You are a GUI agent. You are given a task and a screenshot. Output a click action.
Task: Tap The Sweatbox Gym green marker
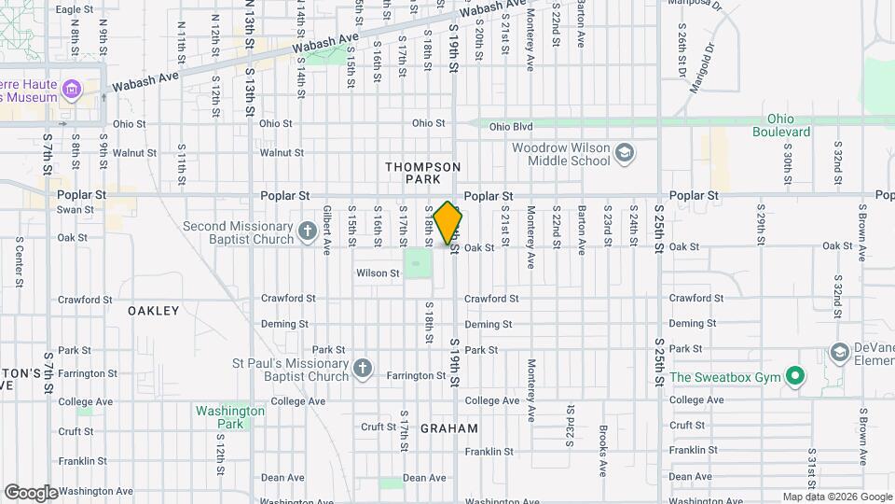(794, 378)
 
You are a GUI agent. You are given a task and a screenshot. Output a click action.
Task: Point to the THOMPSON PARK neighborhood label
(423, 172)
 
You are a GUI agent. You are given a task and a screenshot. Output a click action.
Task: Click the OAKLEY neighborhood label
(153, 311)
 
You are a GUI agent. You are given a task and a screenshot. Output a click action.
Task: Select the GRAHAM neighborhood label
(448, 428)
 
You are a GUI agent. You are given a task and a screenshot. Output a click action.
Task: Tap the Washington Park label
(229, 417)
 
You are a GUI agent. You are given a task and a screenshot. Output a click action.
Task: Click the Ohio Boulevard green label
(787, 125)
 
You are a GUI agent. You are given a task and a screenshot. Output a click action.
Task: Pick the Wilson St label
(378, 273)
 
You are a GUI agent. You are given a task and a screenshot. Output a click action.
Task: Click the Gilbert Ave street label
(327, 231)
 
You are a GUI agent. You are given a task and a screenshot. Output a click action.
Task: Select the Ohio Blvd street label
(510, 126)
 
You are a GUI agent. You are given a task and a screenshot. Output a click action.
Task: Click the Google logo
(30, 492)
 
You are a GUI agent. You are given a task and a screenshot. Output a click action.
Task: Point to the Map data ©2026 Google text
(836, 497)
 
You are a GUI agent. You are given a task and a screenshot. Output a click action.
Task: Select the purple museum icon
(73, 91)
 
